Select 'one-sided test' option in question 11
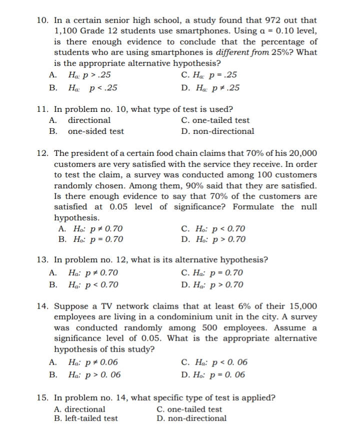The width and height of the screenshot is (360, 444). (x=95, y=131)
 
